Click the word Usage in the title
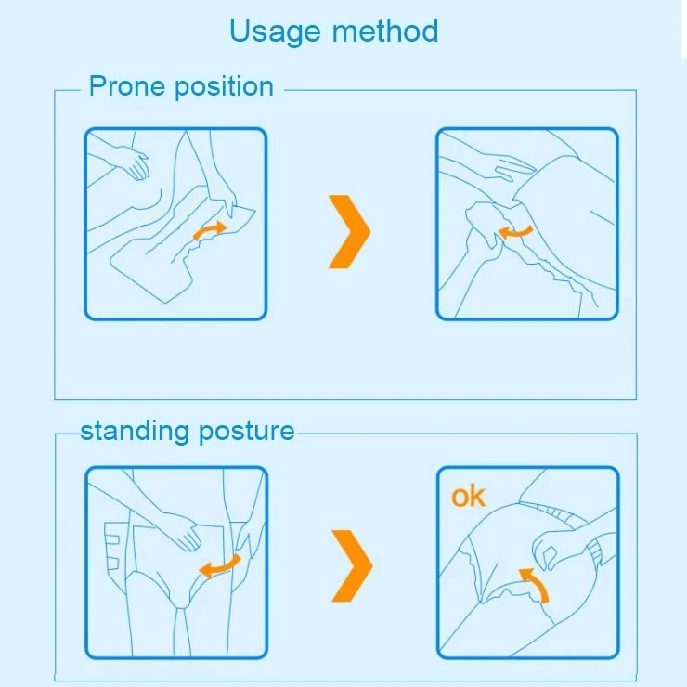(x=275, y=32)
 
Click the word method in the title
(x=385, y=31)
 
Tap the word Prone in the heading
(x=127, y=85)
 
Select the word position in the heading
(x=225, y=87)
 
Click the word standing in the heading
(x=136, y=432)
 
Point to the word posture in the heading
(x=247, y=433)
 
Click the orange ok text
(x=469, y=497)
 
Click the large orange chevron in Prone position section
(x=349, y=231)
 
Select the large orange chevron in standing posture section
(x=352, y=565)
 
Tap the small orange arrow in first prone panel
(x=210, y=230)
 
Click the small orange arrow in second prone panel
(x=515, y=232)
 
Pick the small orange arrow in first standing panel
(x=219, y=566)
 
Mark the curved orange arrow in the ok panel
(x=536, y=585)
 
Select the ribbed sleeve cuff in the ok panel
(x=598, y=552)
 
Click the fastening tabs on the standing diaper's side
(x=113, y=547)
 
